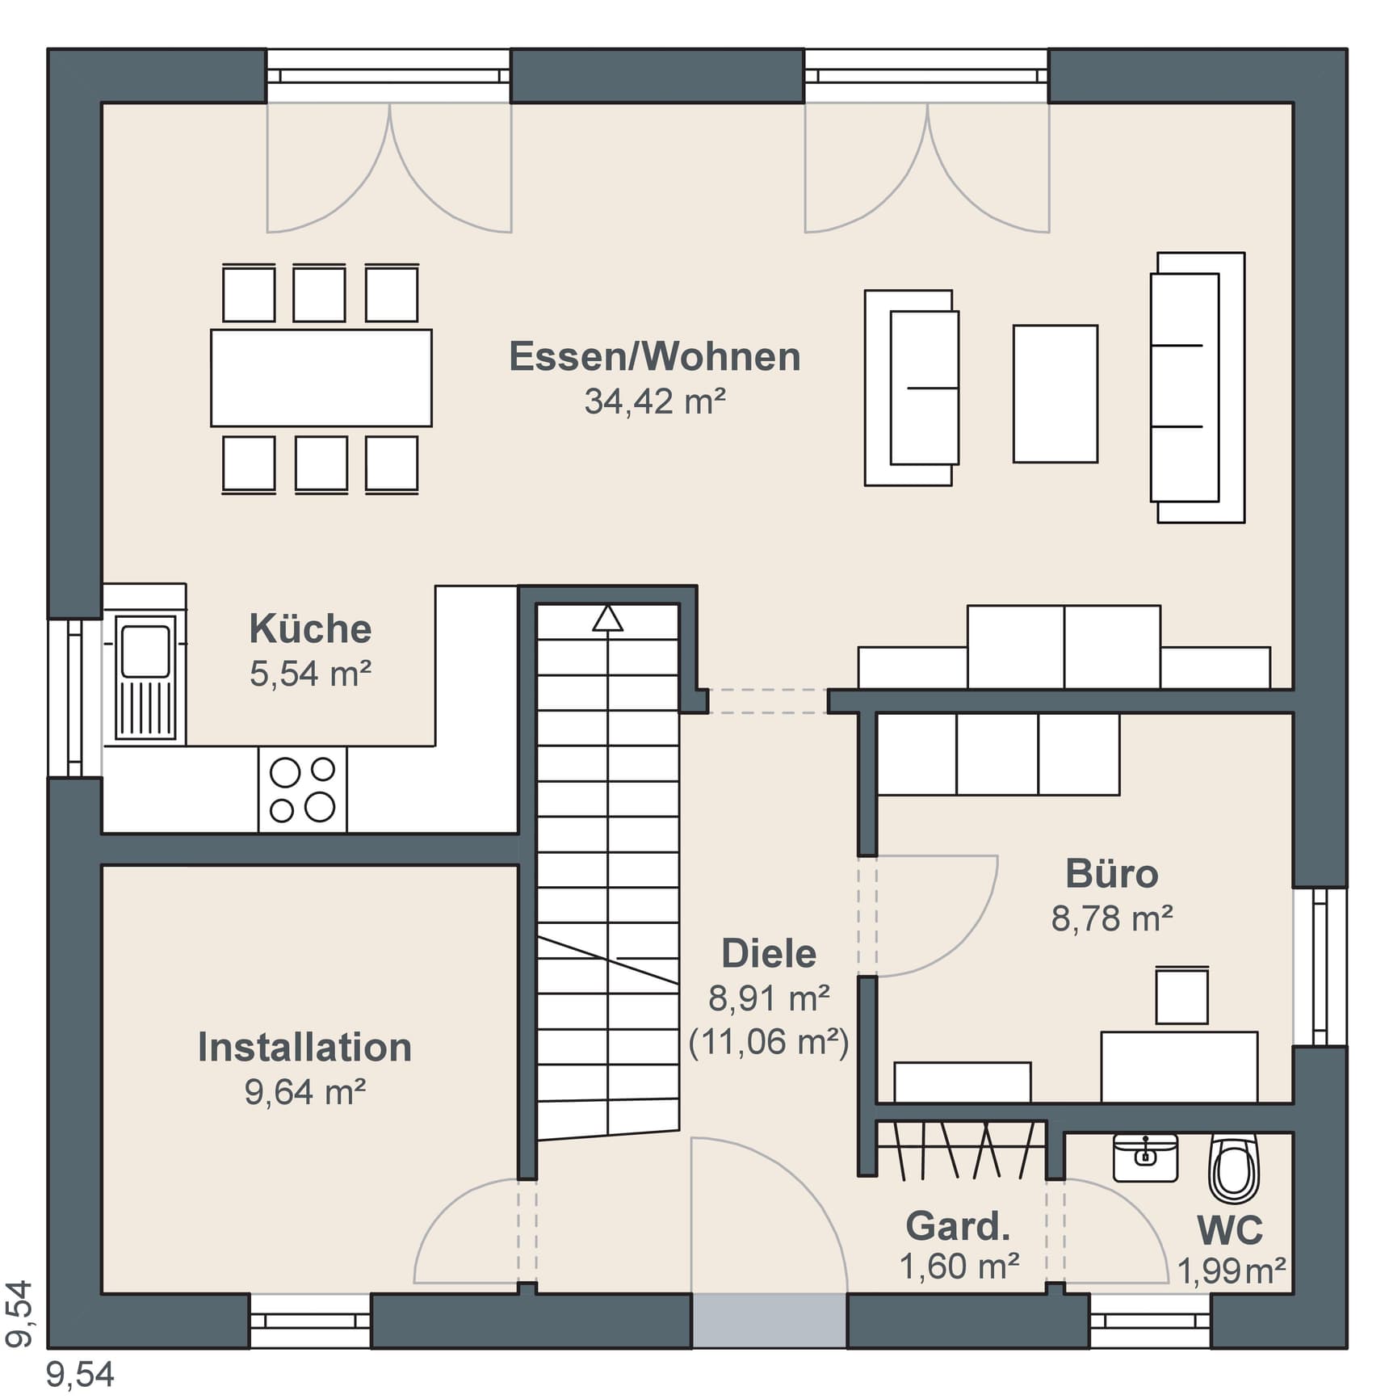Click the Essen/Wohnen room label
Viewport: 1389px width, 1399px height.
654,357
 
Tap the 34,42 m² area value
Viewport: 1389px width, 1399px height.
655,401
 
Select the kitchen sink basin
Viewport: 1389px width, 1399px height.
145,651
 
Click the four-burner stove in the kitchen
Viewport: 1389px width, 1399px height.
302,789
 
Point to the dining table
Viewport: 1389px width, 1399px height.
321,377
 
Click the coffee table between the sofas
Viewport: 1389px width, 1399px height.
1055,394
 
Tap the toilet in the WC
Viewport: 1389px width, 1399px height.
1234,1168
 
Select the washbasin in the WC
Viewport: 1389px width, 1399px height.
1145,1157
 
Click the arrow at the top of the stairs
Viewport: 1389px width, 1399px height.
607,619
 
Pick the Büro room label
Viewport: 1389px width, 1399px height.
1111,874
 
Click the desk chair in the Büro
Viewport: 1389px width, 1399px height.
1181,995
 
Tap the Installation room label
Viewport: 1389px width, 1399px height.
305,1048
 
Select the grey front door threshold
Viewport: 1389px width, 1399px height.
769,1321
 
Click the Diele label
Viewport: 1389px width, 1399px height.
769,954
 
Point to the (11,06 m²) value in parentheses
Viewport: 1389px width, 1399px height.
769,1043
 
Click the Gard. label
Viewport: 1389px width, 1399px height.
959,1226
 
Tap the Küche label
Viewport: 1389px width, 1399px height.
310,628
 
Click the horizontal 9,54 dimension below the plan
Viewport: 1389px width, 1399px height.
80,1375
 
